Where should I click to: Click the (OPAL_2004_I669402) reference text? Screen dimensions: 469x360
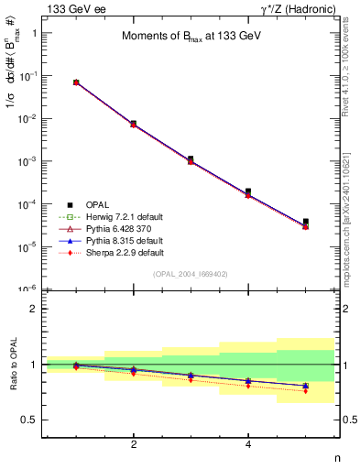(191, 274)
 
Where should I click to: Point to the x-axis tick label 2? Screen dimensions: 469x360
(134, 444)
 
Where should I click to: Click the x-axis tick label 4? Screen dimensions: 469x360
(249, 444)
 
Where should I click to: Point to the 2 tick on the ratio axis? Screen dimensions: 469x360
(34, 309)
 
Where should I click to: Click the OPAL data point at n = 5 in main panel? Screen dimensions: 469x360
(305, 222)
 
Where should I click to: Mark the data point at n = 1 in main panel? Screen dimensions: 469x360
(76, 82)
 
